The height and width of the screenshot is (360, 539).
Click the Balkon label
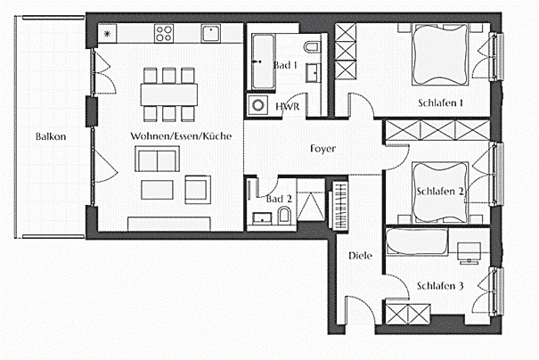(52, 137)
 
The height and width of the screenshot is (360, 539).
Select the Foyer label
(323, 149)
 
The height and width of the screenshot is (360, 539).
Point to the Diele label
(360, 256)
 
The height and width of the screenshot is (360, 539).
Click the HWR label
(288, 107)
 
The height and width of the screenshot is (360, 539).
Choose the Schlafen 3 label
(440, 286)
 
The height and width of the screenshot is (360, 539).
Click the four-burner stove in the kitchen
(164, 35)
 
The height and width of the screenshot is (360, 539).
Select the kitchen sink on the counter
(210, 34)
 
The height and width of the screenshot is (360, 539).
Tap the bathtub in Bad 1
(263, 61)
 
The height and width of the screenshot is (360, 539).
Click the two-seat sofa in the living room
(156, 160)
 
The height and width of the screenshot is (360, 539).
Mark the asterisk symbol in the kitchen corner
(108, 34)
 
